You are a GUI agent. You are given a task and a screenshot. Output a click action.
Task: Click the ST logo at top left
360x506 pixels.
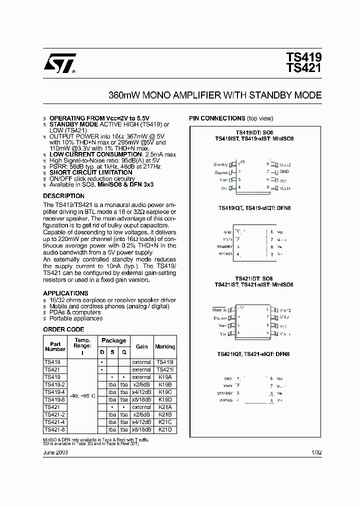59,64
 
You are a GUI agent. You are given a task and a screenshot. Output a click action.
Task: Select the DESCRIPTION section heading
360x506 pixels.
63,196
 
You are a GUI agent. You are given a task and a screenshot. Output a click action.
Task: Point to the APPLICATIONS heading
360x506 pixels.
65,293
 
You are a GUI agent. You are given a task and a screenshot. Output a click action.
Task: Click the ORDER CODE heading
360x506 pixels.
63,329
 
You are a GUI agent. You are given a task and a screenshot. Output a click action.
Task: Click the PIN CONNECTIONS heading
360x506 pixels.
216,118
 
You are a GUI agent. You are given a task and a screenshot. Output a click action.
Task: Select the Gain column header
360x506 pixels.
141,346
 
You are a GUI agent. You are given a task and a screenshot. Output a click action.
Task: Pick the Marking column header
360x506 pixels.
165,346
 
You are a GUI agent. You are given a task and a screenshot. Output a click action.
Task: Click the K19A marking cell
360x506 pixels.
165,377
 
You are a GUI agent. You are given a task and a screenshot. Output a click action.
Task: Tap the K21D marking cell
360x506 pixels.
165,429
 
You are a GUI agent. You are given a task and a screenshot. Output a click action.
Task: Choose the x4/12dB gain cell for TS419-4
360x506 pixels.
141,392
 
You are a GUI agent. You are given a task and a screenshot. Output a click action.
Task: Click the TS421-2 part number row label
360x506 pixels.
53,414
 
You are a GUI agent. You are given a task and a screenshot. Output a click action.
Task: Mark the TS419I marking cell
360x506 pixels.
165,362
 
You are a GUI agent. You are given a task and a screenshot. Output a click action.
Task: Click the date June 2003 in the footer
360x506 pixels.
55,452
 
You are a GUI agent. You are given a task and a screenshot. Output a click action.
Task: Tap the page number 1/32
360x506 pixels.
317,452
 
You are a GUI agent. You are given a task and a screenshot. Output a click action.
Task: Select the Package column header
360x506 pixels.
113,340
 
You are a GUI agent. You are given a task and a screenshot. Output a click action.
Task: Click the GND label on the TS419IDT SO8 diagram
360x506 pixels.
284,171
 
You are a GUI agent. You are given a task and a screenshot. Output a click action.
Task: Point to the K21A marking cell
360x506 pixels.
165,407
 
